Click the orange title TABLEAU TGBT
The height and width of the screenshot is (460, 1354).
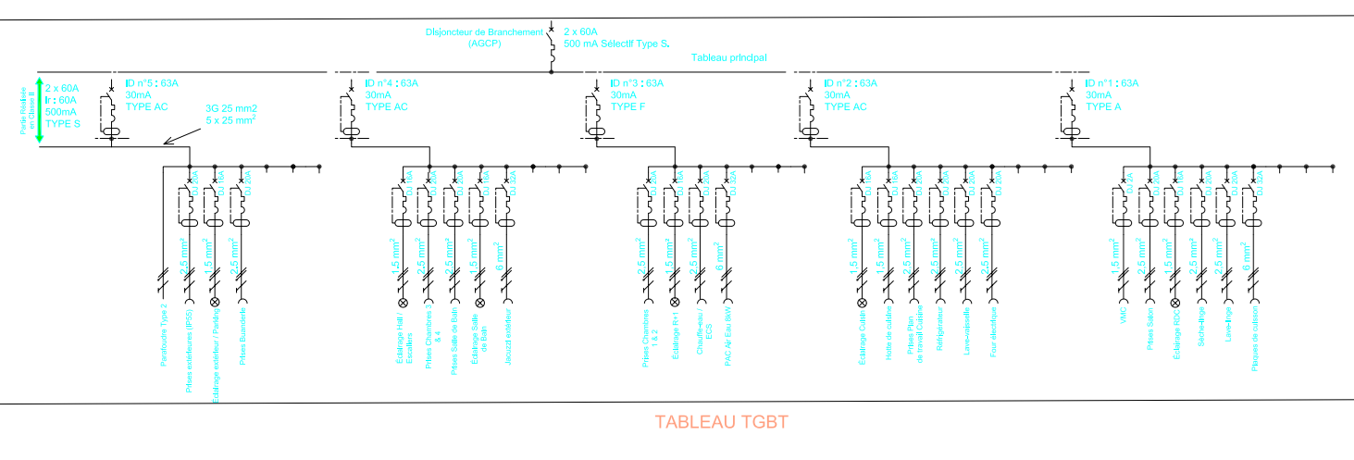click(x=721, y=423)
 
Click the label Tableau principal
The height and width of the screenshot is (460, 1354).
click(x=728, y=57)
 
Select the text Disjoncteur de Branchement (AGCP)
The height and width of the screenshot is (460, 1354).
click(x=484, y=37)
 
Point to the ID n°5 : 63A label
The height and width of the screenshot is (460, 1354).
click(x=152, y=83)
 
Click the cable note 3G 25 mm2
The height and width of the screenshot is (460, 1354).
click(x=230, y=108)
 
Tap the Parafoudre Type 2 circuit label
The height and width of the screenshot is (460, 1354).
click(x=164, y=337)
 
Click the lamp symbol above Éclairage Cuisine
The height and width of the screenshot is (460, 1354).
click(x=863, y=303)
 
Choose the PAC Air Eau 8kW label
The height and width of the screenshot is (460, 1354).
click(x=727, y=342)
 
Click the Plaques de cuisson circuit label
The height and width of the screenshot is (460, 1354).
click(x=1254, y=342)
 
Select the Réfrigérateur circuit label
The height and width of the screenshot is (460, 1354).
click(x=939, y=332)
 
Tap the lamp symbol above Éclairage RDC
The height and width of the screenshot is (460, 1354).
click(x=1175, y=303)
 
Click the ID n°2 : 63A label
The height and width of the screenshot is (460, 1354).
click(x=851, y=83)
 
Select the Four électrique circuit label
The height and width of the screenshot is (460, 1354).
click(x=992, y=336)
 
